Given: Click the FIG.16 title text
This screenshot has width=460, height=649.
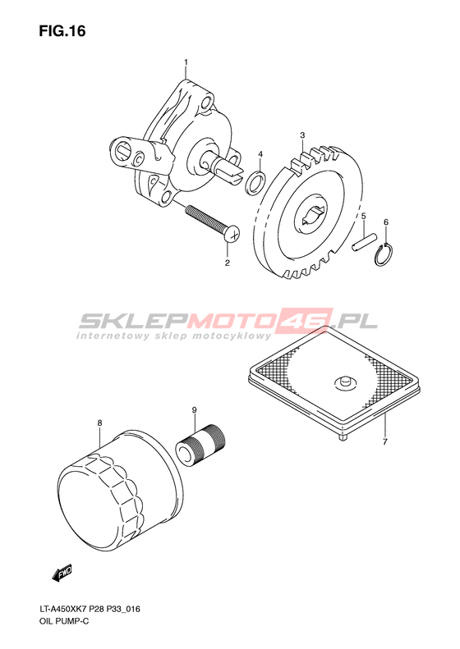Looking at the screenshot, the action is click(x=62, y=31).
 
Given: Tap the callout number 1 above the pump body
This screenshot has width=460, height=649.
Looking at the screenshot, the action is click(x=186, y=62).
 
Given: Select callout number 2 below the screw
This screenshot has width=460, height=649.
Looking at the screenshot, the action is click(x=227, y=263).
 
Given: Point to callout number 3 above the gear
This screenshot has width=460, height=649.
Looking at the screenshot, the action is click(x=302, y=135).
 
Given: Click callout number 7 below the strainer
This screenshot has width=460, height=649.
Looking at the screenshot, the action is click(x=384, y=442).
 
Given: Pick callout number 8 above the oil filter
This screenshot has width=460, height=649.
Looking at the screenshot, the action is click(x=99, y=423).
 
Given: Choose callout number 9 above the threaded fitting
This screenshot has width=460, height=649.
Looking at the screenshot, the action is click(x=194, y=409).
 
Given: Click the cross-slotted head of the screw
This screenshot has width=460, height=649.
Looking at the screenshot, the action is click(x=234, y=235).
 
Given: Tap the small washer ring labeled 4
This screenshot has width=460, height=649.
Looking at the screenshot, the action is click(x=254, y=182).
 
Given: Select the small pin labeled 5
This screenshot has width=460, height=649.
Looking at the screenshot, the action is click(x=365, y=242).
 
